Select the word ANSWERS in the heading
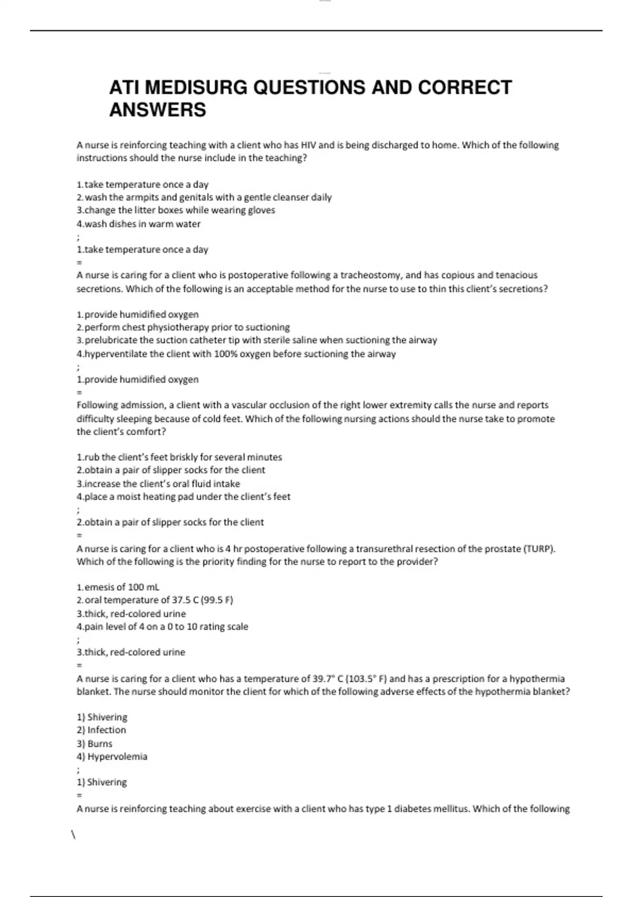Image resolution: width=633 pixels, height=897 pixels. click(x=157, y=110)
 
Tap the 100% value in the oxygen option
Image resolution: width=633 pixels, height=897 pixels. click(x=226, y=354)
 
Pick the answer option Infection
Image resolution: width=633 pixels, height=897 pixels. click(x=107, y=730)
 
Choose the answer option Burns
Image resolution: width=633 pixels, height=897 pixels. click(x=100, y=743)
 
